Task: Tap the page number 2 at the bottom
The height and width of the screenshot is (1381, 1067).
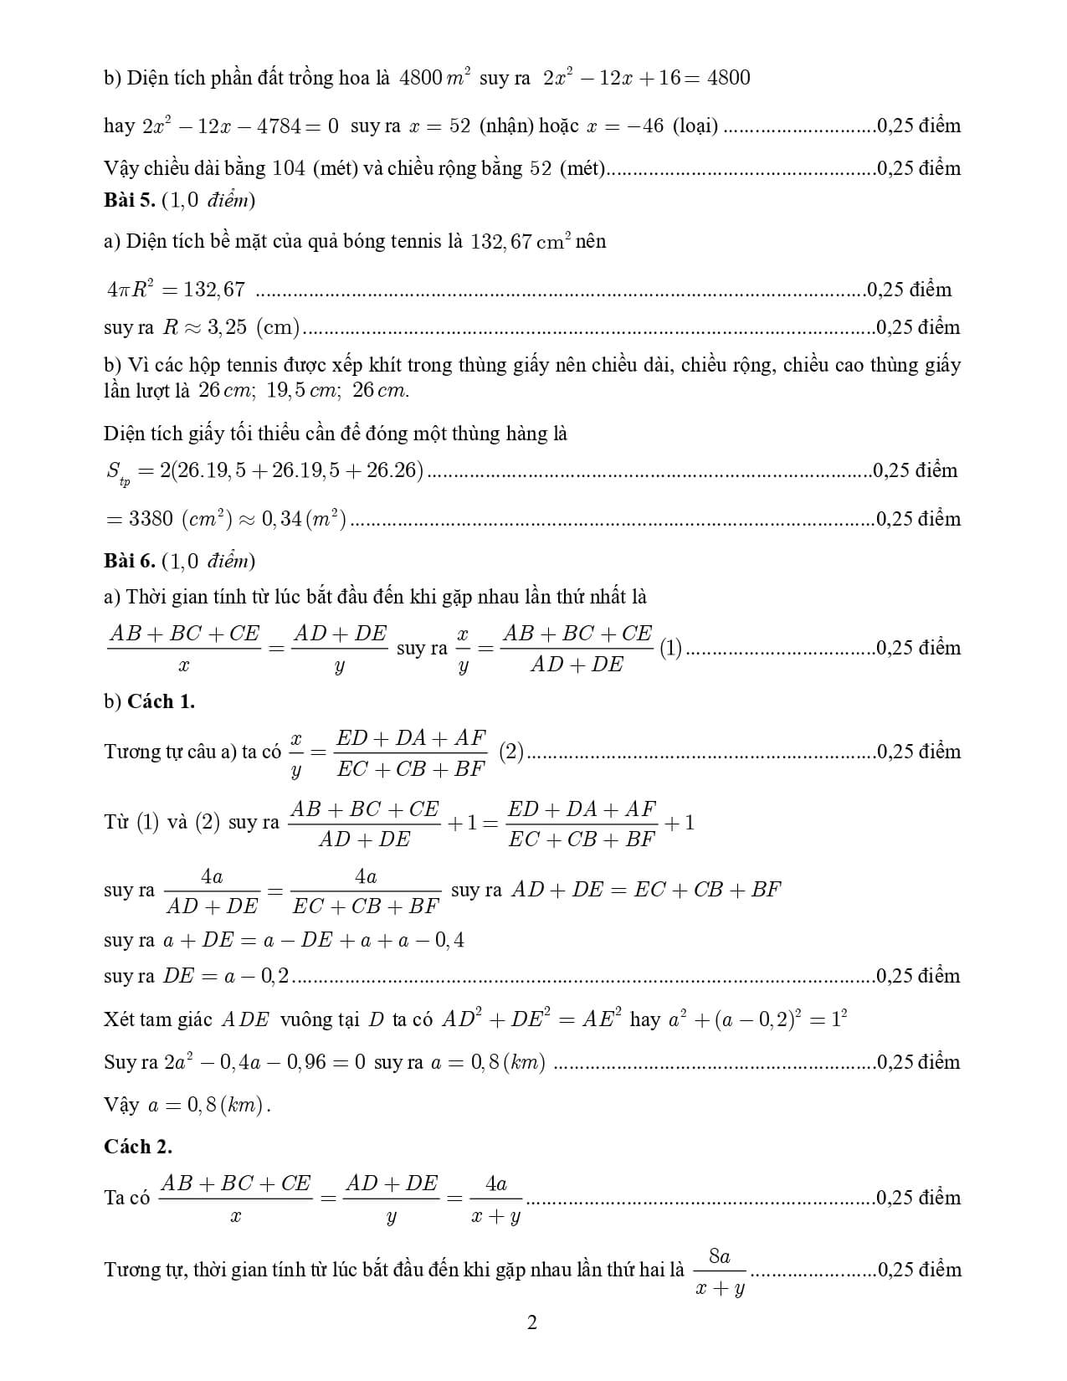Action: [x=532, y=1323]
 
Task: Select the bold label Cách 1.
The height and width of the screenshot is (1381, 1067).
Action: [x=161, y=701]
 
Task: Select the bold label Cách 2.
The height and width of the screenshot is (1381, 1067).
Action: [x=138, y=1146]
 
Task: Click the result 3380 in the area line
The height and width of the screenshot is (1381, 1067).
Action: [x=151, y=519]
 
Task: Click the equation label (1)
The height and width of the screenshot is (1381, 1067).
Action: [x=670, y=648]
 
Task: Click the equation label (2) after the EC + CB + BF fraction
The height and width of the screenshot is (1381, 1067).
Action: [x=511, y=752]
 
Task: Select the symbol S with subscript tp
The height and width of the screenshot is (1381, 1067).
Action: [x=118, y=473]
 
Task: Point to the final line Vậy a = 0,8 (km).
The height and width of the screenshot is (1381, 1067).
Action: [x=188, y=1105]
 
